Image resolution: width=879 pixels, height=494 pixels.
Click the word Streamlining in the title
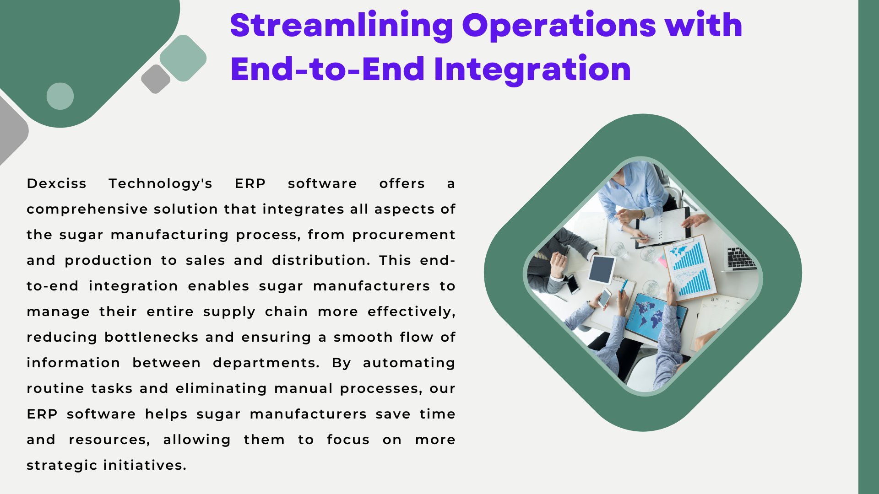342,27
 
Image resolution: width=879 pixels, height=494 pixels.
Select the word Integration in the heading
532,70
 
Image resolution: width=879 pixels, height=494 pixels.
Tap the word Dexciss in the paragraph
56,183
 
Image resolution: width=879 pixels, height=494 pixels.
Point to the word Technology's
160,184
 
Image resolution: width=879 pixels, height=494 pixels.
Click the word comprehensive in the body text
87,209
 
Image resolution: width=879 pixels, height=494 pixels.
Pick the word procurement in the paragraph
404,235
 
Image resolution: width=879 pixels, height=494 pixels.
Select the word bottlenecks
152,337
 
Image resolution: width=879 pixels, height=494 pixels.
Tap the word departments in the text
266,363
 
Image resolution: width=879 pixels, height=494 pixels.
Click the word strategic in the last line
62,466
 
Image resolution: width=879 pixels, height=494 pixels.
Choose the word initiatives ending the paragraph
145,465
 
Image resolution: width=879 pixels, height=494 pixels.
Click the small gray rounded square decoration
156,79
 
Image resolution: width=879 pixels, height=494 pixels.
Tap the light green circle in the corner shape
60,96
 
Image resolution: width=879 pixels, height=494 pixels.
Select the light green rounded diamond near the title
183,58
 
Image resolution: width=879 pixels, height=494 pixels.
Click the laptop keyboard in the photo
740,258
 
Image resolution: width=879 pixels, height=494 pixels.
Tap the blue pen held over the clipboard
623,286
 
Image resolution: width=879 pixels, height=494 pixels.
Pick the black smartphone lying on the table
572,284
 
